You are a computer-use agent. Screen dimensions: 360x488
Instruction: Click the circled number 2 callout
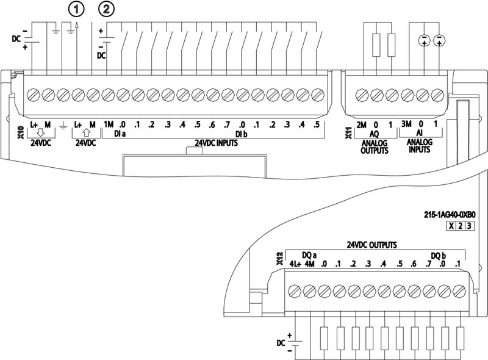coord(107,9)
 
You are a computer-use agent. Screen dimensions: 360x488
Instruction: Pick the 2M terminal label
coord(361,125)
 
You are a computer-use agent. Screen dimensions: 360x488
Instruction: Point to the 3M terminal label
coord(407,125)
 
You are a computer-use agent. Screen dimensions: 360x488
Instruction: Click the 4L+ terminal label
coord(295,264)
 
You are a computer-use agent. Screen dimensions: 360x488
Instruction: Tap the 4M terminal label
coord(309,264)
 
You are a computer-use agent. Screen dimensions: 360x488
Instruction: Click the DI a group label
coord(120,134)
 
